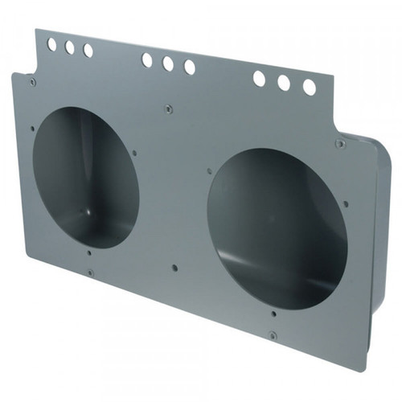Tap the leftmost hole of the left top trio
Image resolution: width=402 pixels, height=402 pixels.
[x=51, y=45]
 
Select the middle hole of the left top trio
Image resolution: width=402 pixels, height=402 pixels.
[x=69, y=47]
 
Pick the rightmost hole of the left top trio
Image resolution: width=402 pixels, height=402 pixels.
[x=88, y=51]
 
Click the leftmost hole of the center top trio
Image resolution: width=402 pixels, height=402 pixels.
[x=147, y=59]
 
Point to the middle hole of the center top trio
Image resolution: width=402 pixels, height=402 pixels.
[x=167, y=63]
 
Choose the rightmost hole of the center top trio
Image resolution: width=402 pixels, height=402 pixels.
[x=189, y=67]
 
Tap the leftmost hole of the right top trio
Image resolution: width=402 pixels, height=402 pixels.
[x=259, y=78]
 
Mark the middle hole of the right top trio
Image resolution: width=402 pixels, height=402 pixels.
[x=283, y=82]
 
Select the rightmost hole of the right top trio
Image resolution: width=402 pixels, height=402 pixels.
[x=309, y=87]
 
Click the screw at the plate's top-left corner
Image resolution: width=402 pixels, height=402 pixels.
[x=32, y=81]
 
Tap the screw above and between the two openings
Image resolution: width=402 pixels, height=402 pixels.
[x=167, y=108]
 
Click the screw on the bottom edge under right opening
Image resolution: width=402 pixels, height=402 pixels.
[x=272, y=334]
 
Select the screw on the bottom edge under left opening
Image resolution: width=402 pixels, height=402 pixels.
[x=90, y=273]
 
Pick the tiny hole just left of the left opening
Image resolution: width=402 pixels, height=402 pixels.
[x=32, y=128]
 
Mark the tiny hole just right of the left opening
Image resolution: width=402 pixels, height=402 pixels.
[x=134, y=152]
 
